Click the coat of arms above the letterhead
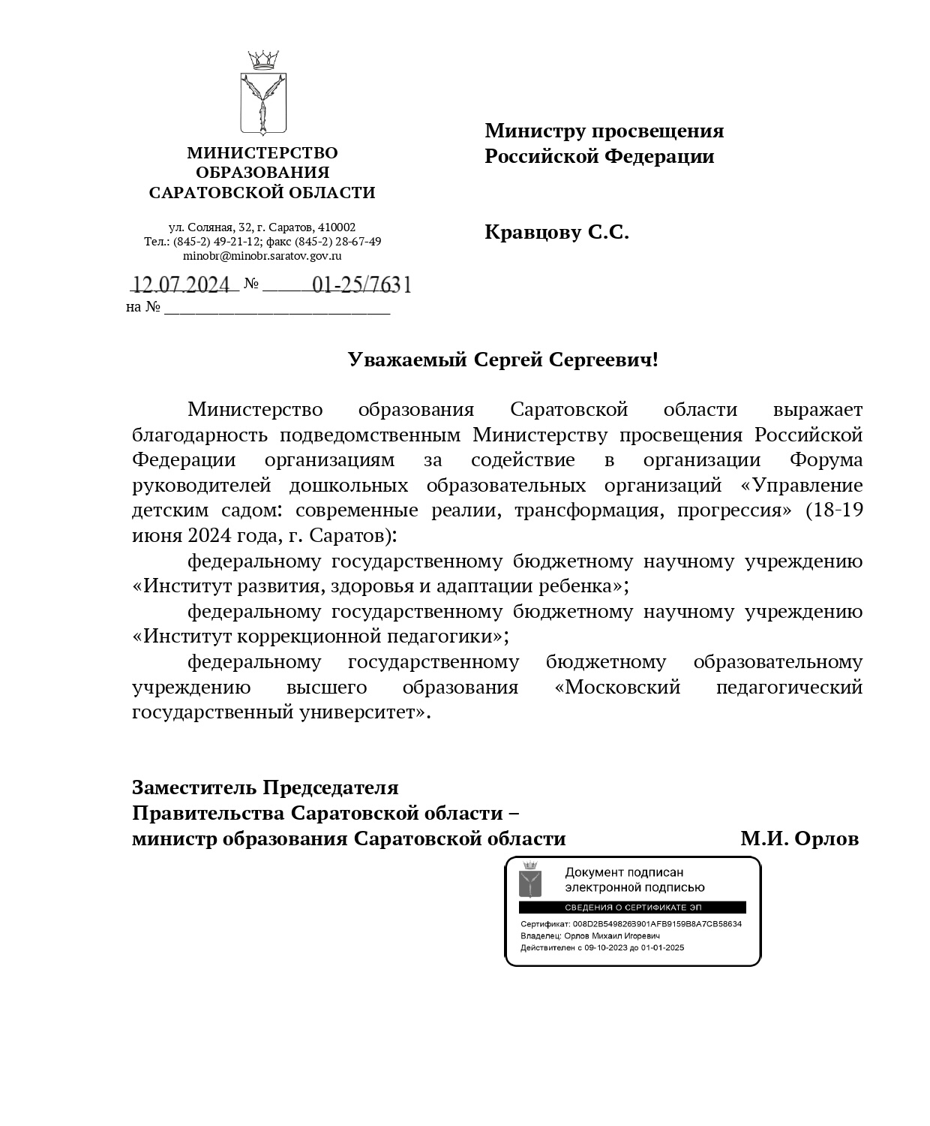coord(263,93)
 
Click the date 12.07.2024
coord(181,285)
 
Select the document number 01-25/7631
coord(361,285)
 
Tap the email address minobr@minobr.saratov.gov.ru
coord(262,255)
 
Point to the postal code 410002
coord(337,227)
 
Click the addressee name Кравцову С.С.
coord(556,233)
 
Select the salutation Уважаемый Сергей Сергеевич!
coord(502,360)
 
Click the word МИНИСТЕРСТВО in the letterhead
coord(262,153)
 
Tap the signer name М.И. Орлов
coord(799,838)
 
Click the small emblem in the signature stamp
coord(530,879)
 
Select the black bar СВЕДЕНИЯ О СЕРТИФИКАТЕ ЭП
coord(632,908)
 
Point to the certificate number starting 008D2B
coord(656,924)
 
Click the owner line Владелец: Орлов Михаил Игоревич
coord(590,936)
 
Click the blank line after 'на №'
coord(277,308)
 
